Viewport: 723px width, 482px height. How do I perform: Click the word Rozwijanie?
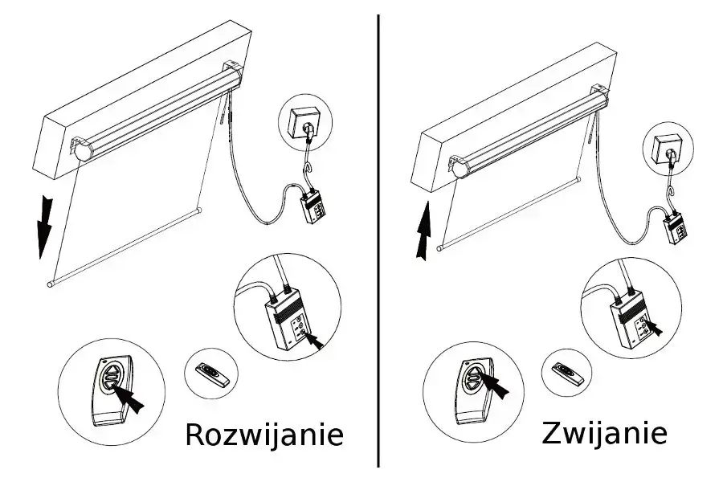click(264, 435)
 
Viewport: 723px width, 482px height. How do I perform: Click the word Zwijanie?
click(604, 432)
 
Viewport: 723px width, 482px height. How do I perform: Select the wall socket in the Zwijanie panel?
click(667, 149)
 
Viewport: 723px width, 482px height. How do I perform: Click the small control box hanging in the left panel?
click(312, 207)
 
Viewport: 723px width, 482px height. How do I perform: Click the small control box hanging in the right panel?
click(677, 229)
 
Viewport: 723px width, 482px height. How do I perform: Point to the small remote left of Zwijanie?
click(571, 372)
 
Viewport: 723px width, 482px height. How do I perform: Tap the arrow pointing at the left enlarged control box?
click(317, 338)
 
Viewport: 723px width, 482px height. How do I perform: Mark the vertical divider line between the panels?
click(379, 241)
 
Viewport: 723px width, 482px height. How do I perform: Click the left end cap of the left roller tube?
click(80, 149)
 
